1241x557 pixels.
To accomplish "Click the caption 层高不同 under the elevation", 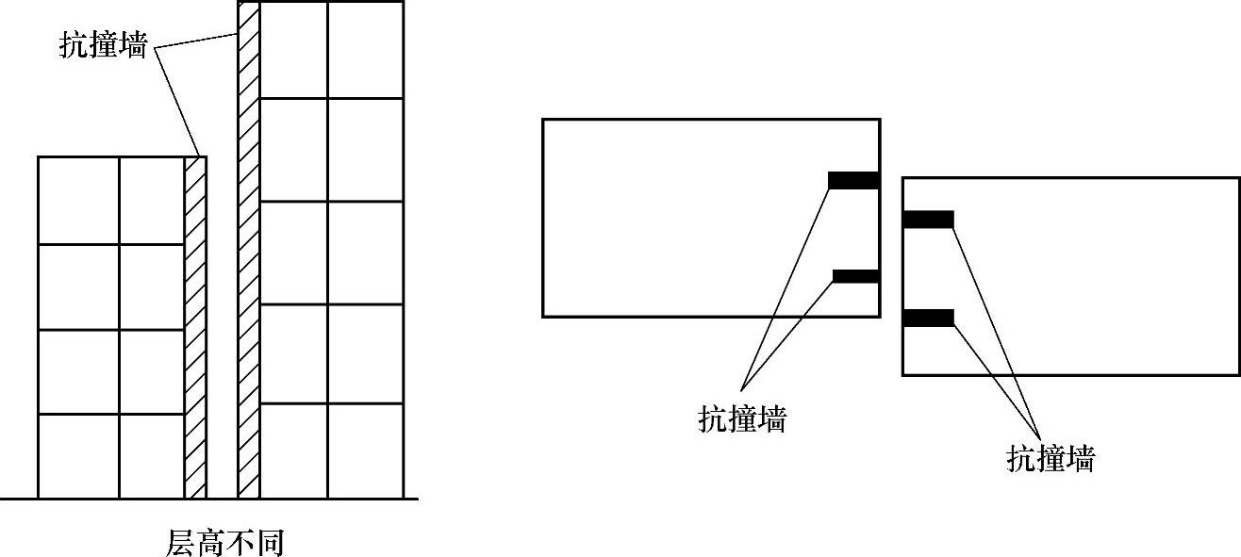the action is point(224,542).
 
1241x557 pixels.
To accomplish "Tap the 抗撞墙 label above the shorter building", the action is point(103,46).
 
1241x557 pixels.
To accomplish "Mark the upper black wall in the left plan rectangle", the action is point(853,180).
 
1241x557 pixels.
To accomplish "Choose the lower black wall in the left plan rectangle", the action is point(855,276).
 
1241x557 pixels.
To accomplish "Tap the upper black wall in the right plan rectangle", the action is point(928,220).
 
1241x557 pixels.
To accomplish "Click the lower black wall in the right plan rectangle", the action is point(928,318).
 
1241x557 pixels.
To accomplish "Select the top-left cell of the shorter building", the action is point(78,200).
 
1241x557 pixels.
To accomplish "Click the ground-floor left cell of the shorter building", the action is point(78,455).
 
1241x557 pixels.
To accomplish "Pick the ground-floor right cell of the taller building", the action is point(365,451).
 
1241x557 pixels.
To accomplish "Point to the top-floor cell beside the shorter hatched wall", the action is point(151,200).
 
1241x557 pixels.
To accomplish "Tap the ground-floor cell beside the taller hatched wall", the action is point(293,451).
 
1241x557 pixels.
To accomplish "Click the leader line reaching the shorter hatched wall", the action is point(177,102).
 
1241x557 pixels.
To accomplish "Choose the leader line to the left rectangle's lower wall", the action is point(788,331).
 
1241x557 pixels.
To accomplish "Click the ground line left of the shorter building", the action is point(19,499).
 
